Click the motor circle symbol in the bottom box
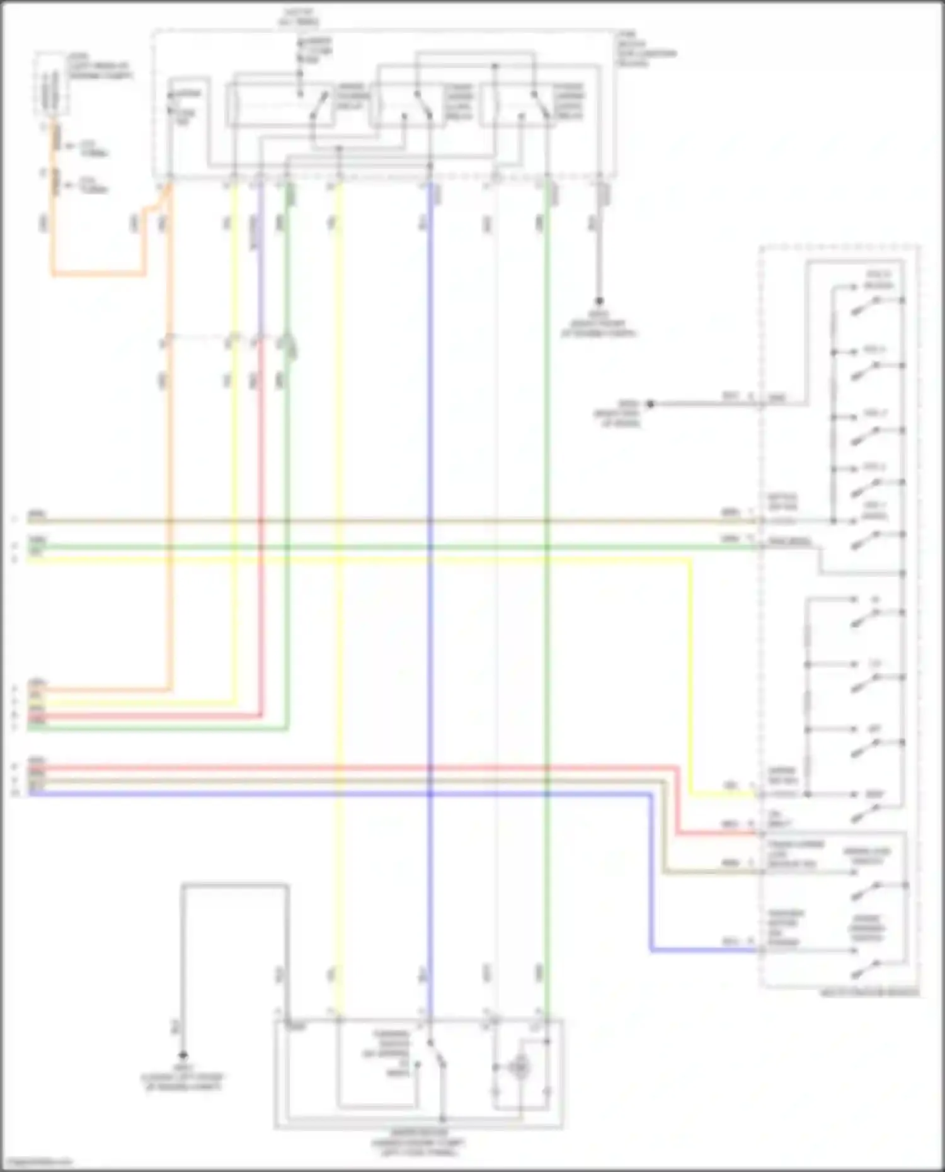tap(520, 1067)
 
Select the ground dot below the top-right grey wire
tap(599, 302)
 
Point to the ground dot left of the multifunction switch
tap(651, 404)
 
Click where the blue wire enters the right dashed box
tap(760, 950)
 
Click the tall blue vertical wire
tap(430, 567)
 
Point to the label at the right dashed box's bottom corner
tap(869, 993)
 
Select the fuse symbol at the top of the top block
tap(301, 54)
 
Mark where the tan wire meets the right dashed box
tap(760, 873)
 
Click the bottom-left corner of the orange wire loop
tap(54, 275)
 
